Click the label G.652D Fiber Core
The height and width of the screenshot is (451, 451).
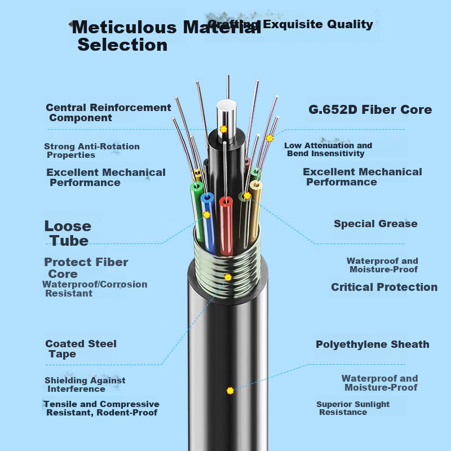pyautogui.click(x=370, y=109)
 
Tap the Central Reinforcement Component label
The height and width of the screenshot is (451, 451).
pyautogui.click(x=108, y=112)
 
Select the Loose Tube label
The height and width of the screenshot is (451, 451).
pyautogui.click(x=68, y=233)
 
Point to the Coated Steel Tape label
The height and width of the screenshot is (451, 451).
pyautogui.click(x=81, y=348)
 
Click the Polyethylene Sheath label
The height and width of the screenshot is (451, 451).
pyautogui.click(x=373, y=344)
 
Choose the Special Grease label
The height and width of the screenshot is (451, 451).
pyautogui.click(x=375, y=224)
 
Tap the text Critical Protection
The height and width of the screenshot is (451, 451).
pyautogui.click(x=384, y=287)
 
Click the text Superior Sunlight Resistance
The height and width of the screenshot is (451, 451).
pyautogui.click(x=353, y=408)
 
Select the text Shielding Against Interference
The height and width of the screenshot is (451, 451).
pyautogui.click(x=85, y=384)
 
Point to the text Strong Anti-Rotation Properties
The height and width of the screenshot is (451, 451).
pyautogui.click(x=92, y=151)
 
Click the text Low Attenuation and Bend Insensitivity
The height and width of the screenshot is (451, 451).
pyautogui.click(x=328, y=149)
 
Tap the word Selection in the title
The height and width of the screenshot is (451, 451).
pyautogui.click(x=122, y=45)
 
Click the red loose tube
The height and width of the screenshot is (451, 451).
pyautogui.click(x=226, y=226)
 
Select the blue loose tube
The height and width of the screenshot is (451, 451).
pyautogui.click(x=208, y=223)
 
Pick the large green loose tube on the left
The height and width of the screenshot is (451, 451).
pyautogui.click(x=197, y=211)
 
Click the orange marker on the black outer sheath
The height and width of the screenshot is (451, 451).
pyautogui.click(x=230, y=391)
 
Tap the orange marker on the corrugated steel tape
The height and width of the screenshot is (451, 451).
pyautogui.click(x=228, y=277)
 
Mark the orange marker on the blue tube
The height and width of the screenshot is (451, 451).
pyautogui.click(x=206, y=215)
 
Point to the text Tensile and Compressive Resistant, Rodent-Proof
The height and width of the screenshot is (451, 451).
pyautogui.click(x=101, y=408)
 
